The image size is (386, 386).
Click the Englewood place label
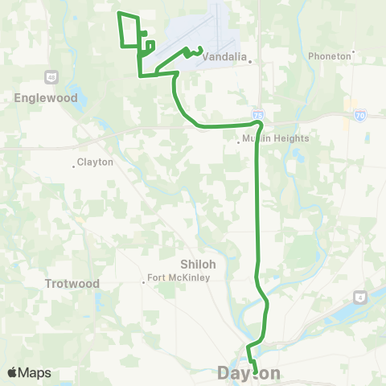[x=45, y=97]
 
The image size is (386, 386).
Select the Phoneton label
[x=330, y=56]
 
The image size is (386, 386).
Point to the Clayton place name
[x=95, y=162]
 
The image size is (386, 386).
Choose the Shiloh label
[x=195, y=264]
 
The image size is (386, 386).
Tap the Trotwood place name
[x=72, y=284]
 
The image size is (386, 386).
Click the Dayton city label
[x=249, y=373]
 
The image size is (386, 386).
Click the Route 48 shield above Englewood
[x=51, y=76]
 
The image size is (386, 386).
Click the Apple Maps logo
[x=29, y=372]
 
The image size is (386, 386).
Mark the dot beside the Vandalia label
[x=251, y=60]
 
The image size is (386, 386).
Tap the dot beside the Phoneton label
[x=354, y=56]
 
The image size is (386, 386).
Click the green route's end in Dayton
[x=256, y=372]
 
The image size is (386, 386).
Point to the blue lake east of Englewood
[x=77, y=91]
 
